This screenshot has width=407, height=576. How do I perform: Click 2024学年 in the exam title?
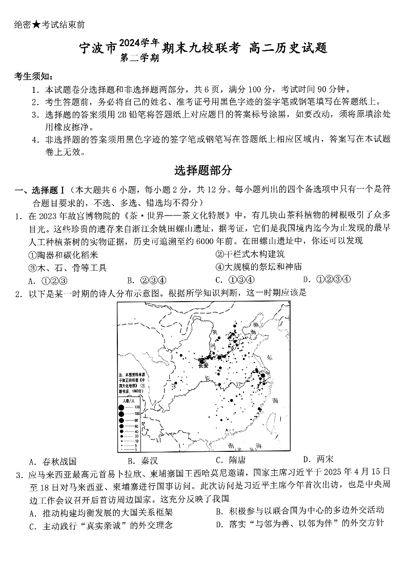138,43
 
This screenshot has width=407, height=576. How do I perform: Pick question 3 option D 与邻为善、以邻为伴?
300,524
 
